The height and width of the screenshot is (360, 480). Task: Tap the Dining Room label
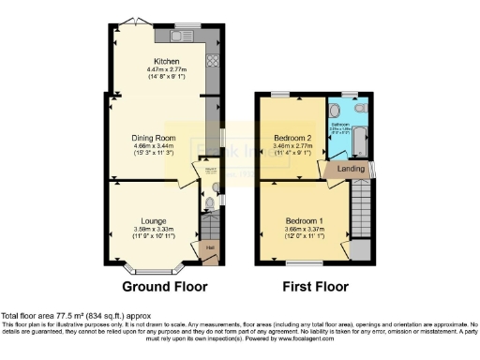(x=154, y=138)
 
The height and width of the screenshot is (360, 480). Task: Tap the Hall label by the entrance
(x=208, y=247)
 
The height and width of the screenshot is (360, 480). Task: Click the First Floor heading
(x=313, y=286)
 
